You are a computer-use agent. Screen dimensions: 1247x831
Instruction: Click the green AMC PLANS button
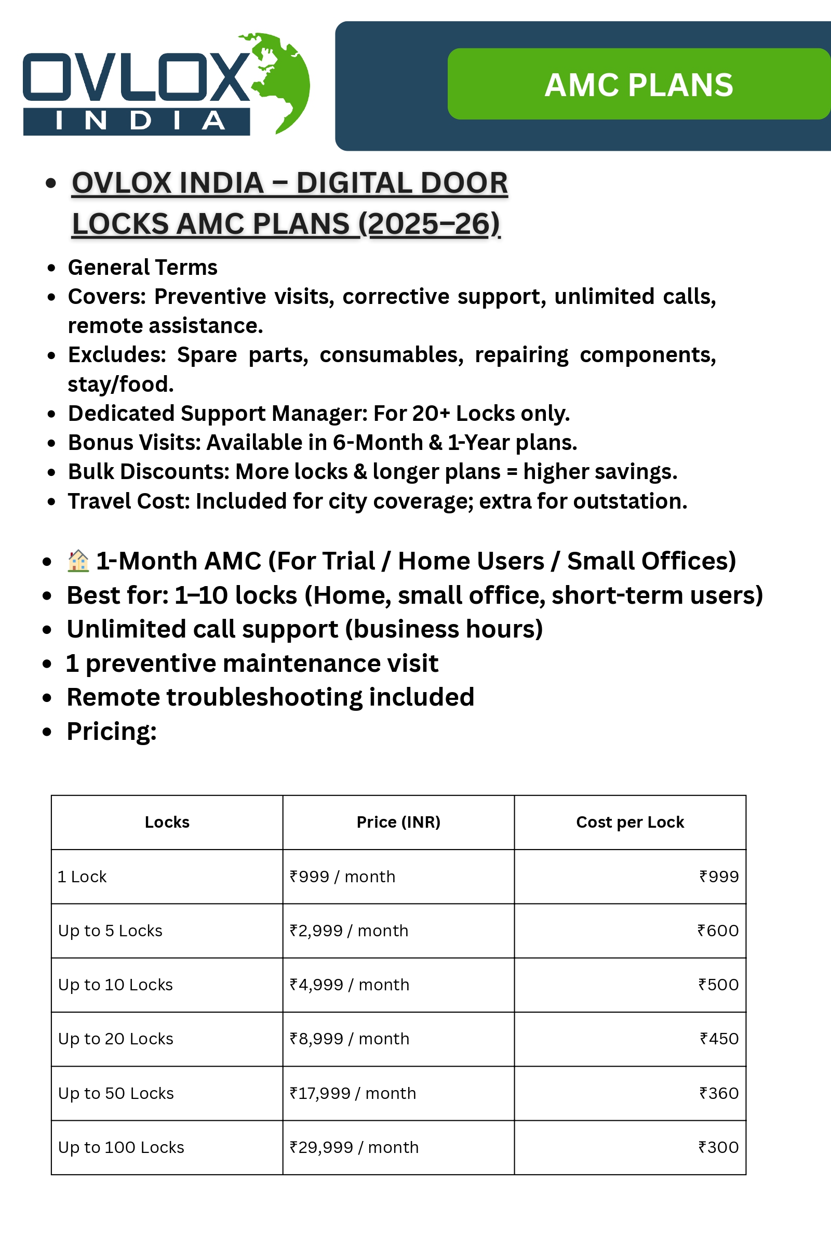click(x=639, y=84)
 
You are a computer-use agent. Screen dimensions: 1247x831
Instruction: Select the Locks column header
click(x=167, y=822)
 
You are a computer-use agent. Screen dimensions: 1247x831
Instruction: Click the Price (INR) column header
click(x=398, y=822)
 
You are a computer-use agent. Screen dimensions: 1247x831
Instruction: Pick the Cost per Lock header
click(x=629, y=822)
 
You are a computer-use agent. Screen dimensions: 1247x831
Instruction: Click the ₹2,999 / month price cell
click(x=349, y=931)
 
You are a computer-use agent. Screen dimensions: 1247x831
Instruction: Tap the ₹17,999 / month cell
click(x=353, y=1093)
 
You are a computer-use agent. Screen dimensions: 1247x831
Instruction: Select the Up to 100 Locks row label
click(x=122, y=1147)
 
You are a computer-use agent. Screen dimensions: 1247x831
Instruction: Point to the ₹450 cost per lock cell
click(x=719, y=1039)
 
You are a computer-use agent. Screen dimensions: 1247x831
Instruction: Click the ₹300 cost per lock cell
click(x=718, y=1147)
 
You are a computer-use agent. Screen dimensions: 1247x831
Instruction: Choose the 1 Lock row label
click(x=82, y=877)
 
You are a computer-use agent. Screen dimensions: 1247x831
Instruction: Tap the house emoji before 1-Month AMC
click(x=78, y=561)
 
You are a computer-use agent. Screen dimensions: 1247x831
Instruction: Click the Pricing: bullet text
click(x=111, y=732)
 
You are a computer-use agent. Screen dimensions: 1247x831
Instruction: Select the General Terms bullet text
click(x=142, y=268)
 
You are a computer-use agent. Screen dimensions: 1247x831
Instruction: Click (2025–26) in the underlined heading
click(x=429, y=224)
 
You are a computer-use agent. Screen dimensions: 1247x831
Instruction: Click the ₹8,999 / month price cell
click(x=349, y=1039)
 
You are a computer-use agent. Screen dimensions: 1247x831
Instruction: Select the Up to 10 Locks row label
click(x=115, y=985)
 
